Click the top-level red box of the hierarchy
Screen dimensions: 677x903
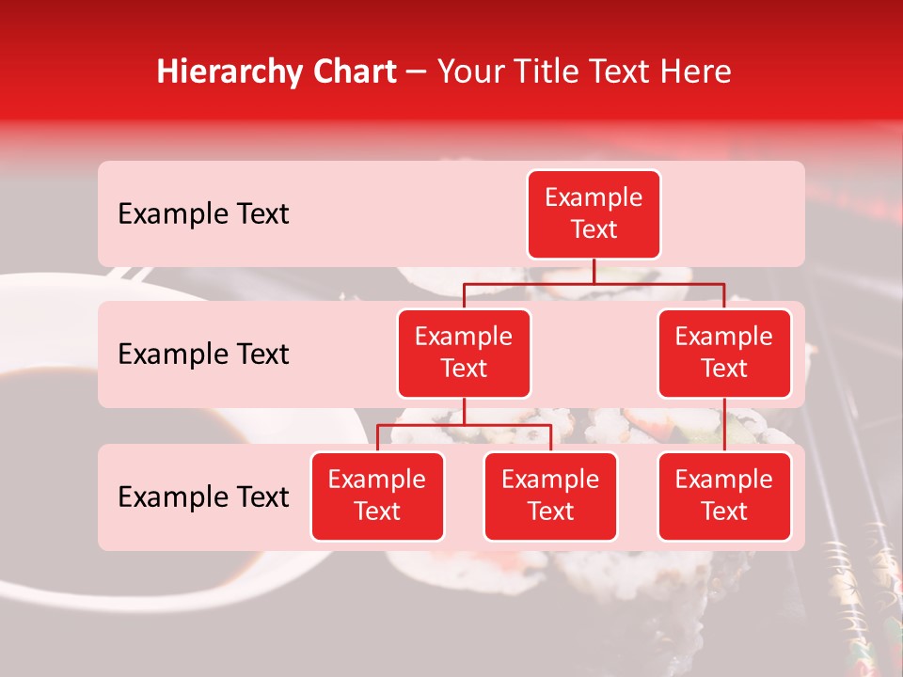click(x=594, y=213)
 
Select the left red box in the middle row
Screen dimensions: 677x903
click(x=464, y=353)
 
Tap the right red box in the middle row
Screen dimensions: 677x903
click(x=724, y=353)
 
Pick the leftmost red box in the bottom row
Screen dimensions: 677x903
click(x=377, y=496)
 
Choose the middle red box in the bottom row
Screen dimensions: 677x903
click(x=550, y=496)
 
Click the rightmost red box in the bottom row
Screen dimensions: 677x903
click(x=724, y=496)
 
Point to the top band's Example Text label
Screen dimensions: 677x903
click(x=203, y=214)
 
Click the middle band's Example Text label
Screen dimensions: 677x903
click(x=203, y=354)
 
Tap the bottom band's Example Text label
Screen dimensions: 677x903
click(x=203, y=497)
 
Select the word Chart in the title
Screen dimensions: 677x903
click(x=355, y=71)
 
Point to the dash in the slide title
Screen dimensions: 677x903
click(x=417, y=73)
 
